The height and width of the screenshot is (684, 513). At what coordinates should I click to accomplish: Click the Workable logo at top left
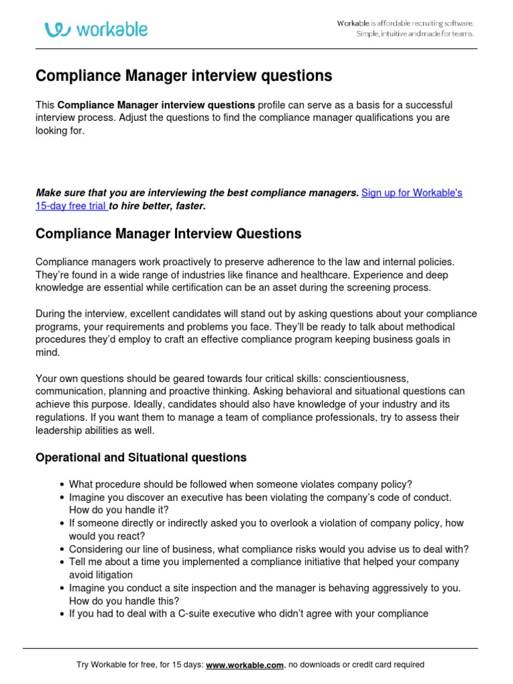[x=96, y=29]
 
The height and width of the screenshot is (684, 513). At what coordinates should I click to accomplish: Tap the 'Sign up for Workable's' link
[x=411, y=193]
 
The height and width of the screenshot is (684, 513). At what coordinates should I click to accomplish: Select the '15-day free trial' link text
[x=70, y=206]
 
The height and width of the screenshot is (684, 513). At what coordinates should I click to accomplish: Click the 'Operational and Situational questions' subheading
[x=141, y=458]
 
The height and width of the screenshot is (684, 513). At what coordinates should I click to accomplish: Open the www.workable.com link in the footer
[x=245, y=665]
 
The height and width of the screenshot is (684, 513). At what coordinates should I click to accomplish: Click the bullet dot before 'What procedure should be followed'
[x=62, y=484]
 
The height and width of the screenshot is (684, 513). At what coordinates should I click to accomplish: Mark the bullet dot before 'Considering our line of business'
[x=62, y=549]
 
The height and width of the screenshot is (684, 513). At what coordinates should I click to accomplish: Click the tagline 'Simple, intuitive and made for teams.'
[x=414, y=34]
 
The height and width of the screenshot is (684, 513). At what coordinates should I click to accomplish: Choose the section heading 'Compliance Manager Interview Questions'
[x=168, y=234]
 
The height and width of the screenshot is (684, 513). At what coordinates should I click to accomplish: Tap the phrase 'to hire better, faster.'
[x=158, y=206]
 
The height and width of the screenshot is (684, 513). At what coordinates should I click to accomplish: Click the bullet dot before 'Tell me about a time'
[x=62, y=562]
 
